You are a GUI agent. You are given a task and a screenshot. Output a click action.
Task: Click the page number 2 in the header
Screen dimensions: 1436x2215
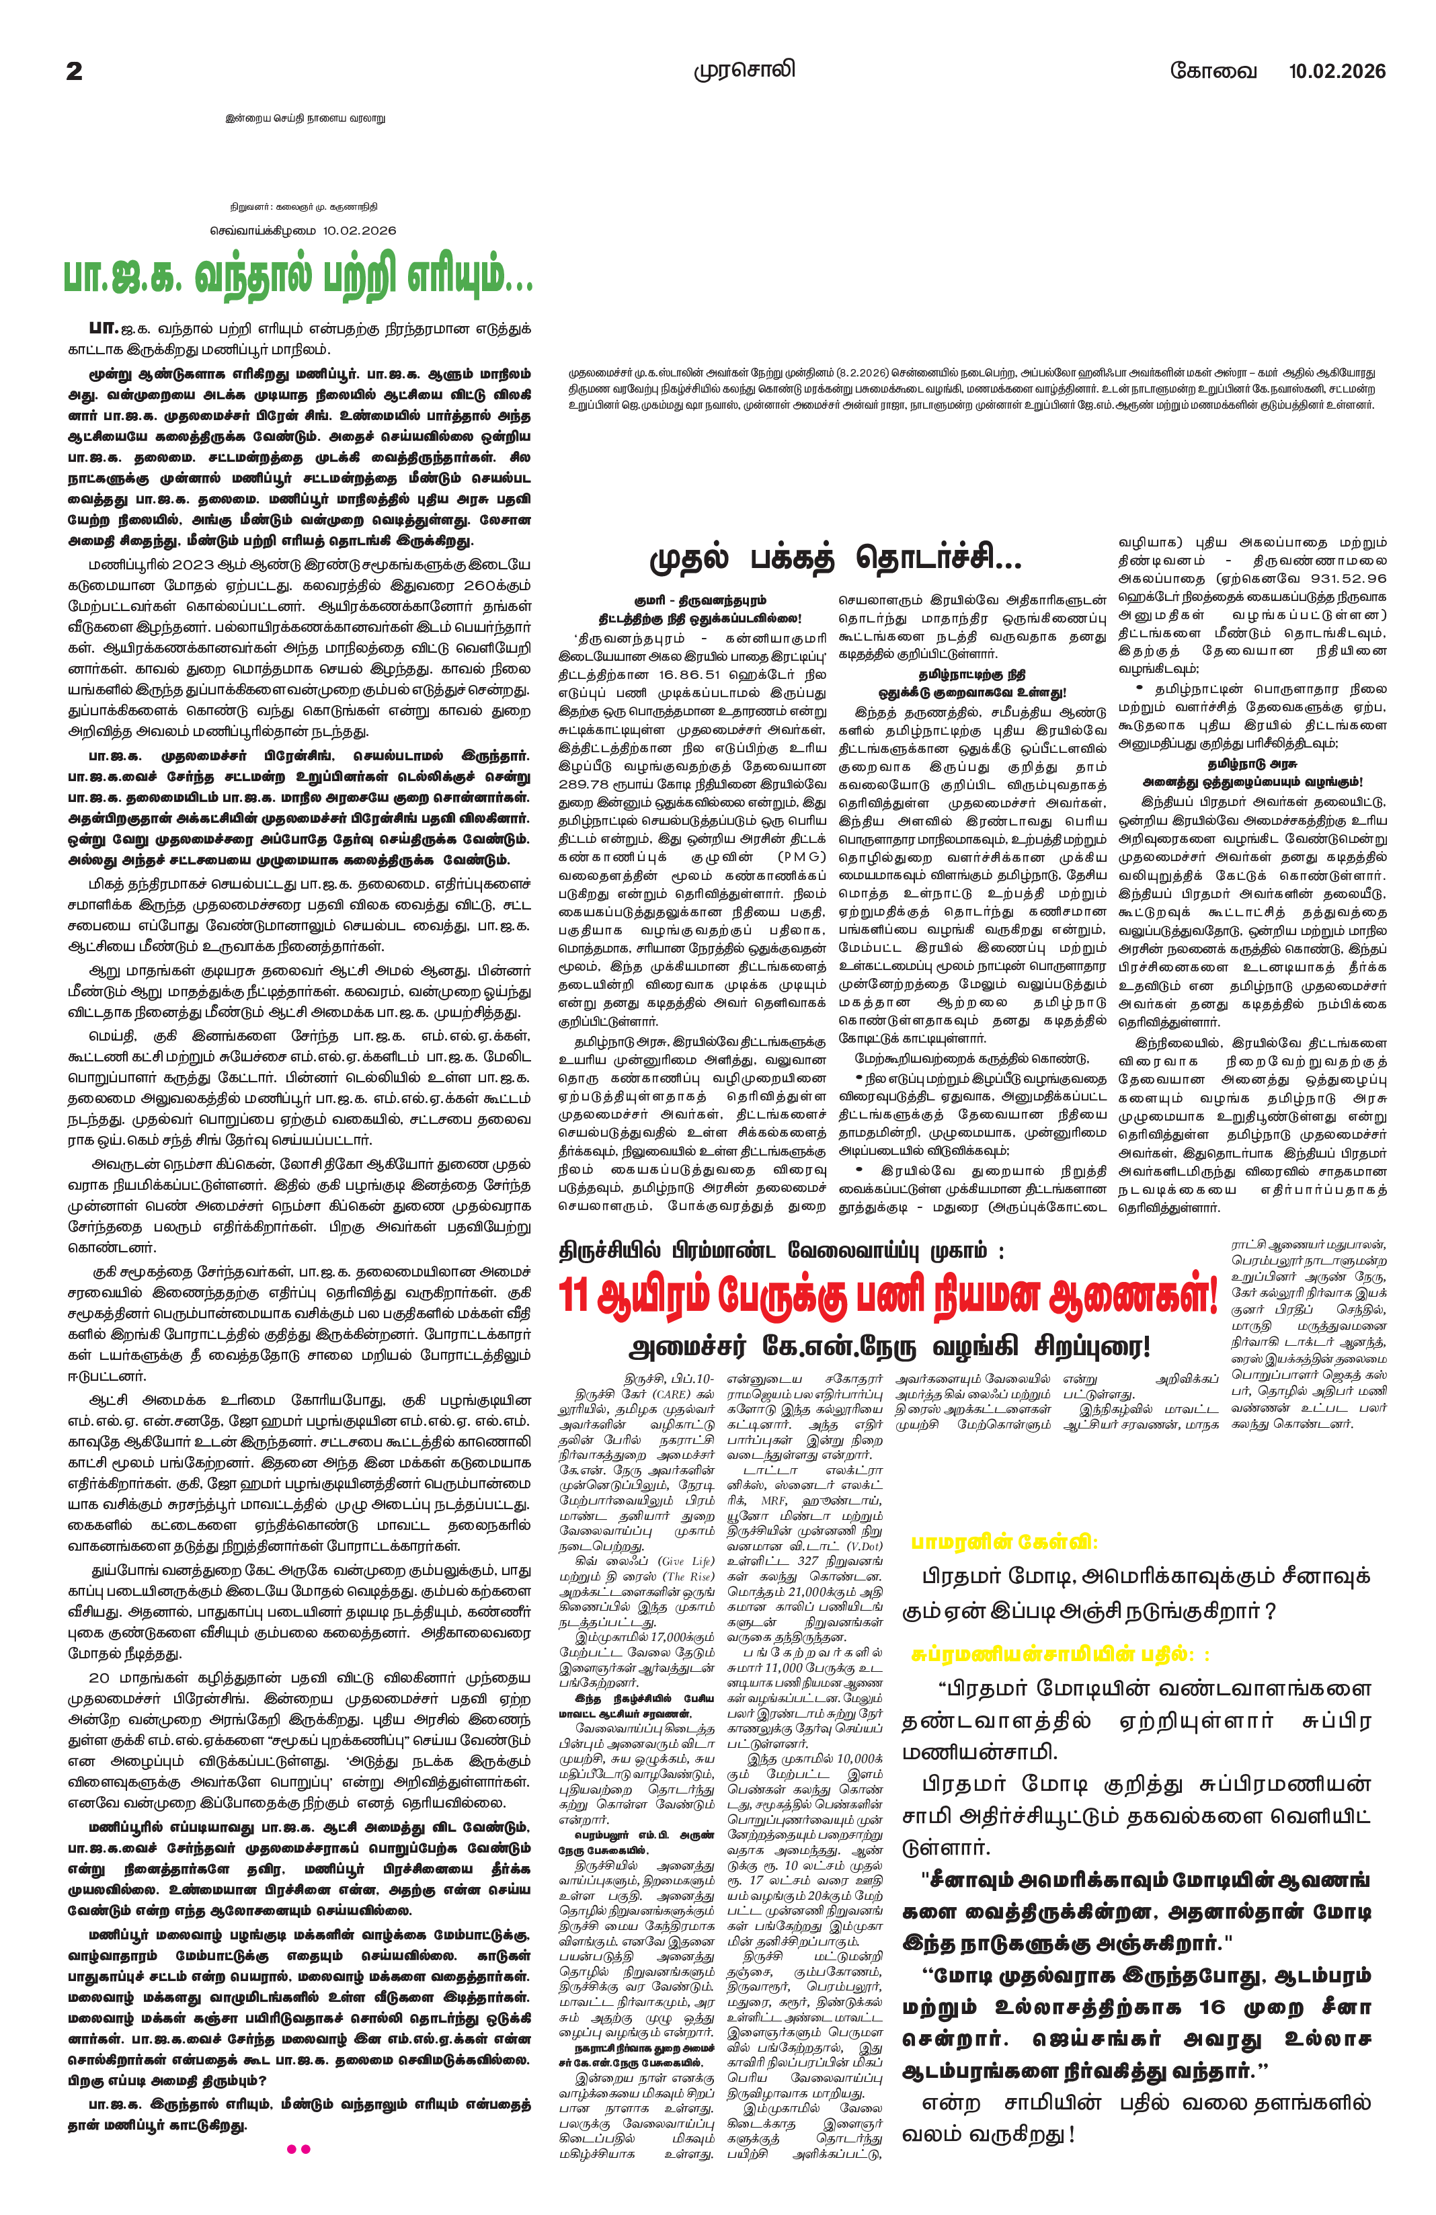(75, 71)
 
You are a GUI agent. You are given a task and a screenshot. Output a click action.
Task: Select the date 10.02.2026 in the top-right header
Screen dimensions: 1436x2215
(1337, 71)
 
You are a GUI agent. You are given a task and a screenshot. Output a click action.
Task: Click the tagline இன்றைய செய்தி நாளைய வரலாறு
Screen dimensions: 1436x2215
(305, 118)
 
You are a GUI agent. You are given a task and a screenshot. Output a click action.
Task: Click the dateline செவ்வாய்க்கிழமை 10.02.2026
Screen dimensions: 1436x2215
(303, 230)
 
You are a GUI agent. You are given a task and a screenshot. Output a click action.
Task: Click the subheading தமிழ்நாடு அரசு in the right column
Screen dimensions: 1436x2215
(1252, 763)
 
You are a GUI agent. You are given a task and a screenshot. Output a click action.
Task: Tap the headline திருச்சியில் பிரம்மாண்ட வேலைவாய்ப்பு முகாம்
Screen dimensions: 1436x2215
(781, 1250)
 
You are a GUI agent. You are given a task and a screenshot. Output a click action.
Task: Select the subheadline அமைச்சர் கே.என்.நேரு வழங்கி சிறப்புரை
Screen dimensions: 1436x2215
(889, 1346)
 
